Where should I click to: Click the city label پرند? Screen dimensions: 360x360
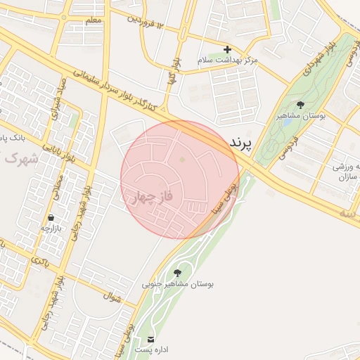point(240,143)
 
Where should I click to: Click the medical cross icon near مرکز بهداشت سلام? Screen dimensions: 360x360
point(227,50)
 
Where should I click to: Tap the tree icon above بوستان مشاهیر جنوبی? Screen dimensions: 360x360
point(176,273)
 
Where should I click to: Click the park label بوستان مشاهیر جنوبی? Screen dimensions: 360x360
point(178,284)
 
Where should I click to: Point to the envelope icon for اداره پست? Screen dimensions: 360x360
point(151,339)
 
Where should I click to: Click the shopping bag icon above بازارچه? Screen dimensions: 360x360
point(53,217)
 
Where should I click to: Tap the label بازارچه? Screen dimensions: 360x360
point(51,228)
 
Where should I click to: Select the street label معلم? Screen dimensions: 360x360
point(93,20)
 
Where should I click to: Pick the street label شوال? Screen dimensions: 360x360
point(112,298)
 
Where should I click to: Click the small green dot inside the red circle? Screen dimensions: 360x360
point(182,160)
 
